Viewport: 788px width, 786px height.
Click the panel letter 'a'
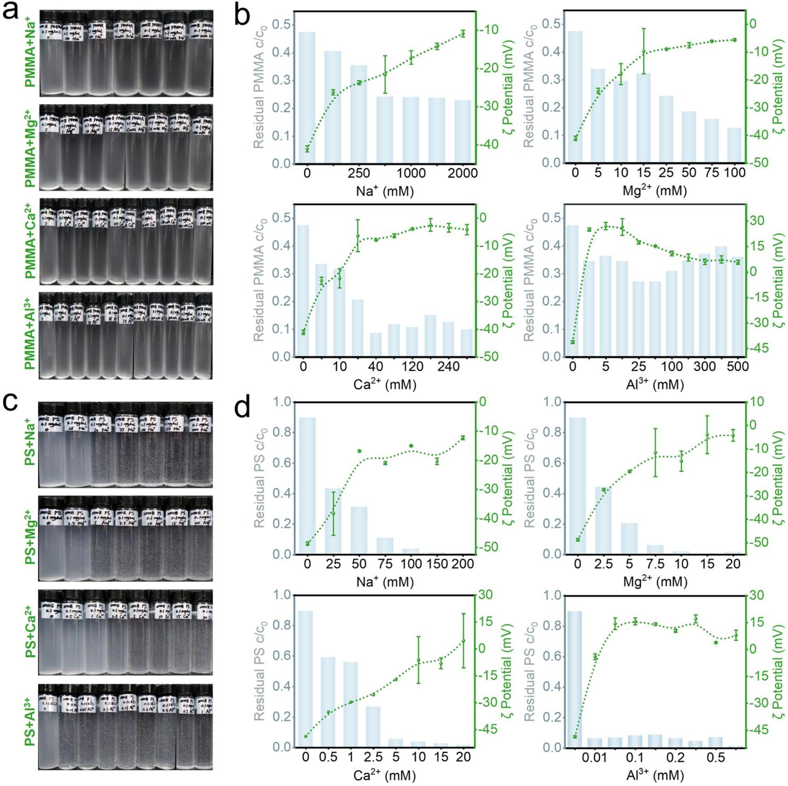(11, 12)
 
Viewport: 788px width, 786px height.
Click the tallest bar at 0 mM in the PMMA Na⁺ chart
(307, 98)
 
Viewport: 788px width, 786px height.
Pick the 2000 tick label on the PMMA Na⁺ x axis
(463, 173)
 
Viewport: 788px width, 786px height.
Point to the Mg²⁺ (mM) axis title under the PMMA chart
(655, 191)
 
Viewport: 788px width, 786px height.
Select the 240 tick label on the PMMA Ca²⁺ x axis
(448, 367)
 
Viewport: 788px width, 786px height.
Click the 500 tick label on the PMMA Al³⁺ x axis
(737, 367)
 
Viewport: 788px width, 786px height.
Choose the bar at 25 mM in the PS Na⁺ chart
(333, 522)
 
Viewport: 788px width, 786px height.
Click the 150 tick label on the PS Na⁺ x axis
(437, 564)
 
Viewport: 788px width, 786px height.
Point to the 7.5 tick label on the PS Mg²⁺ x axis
(655, 564)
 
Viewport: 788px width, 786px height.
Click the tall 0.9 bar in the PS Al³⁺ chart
(575, 679)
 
